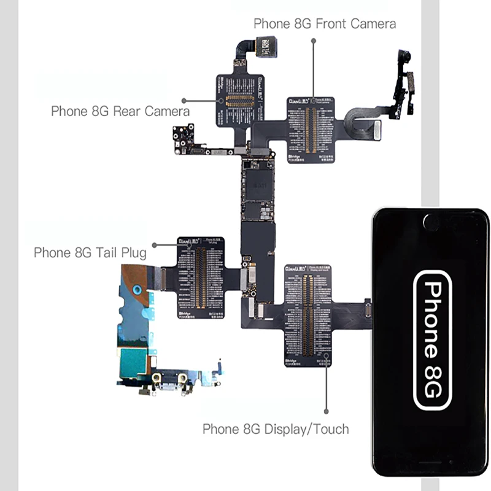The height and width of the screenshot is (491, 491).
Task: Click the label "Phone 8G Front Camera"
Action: coord(325,24)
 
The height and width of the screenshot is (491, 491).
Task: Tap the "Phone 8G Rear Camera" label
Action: coord(120,111)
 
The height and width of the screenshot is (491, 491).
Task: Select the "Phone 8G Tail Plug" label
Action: coord(90,252)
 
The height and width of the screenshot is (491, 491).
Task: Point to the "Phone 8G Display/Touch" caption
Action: coord(276,429)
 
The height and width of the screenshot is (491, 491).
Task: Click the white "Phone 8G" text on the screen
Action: coord(433,341)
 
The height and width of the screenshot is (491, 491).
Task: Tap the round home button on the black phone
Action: coord(431,222)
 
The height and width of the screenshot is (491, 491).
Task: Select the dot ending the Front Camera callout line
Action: coord(313,40)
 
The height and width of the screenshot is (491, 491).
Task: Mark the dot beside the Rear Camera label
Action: coord(184,99)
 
